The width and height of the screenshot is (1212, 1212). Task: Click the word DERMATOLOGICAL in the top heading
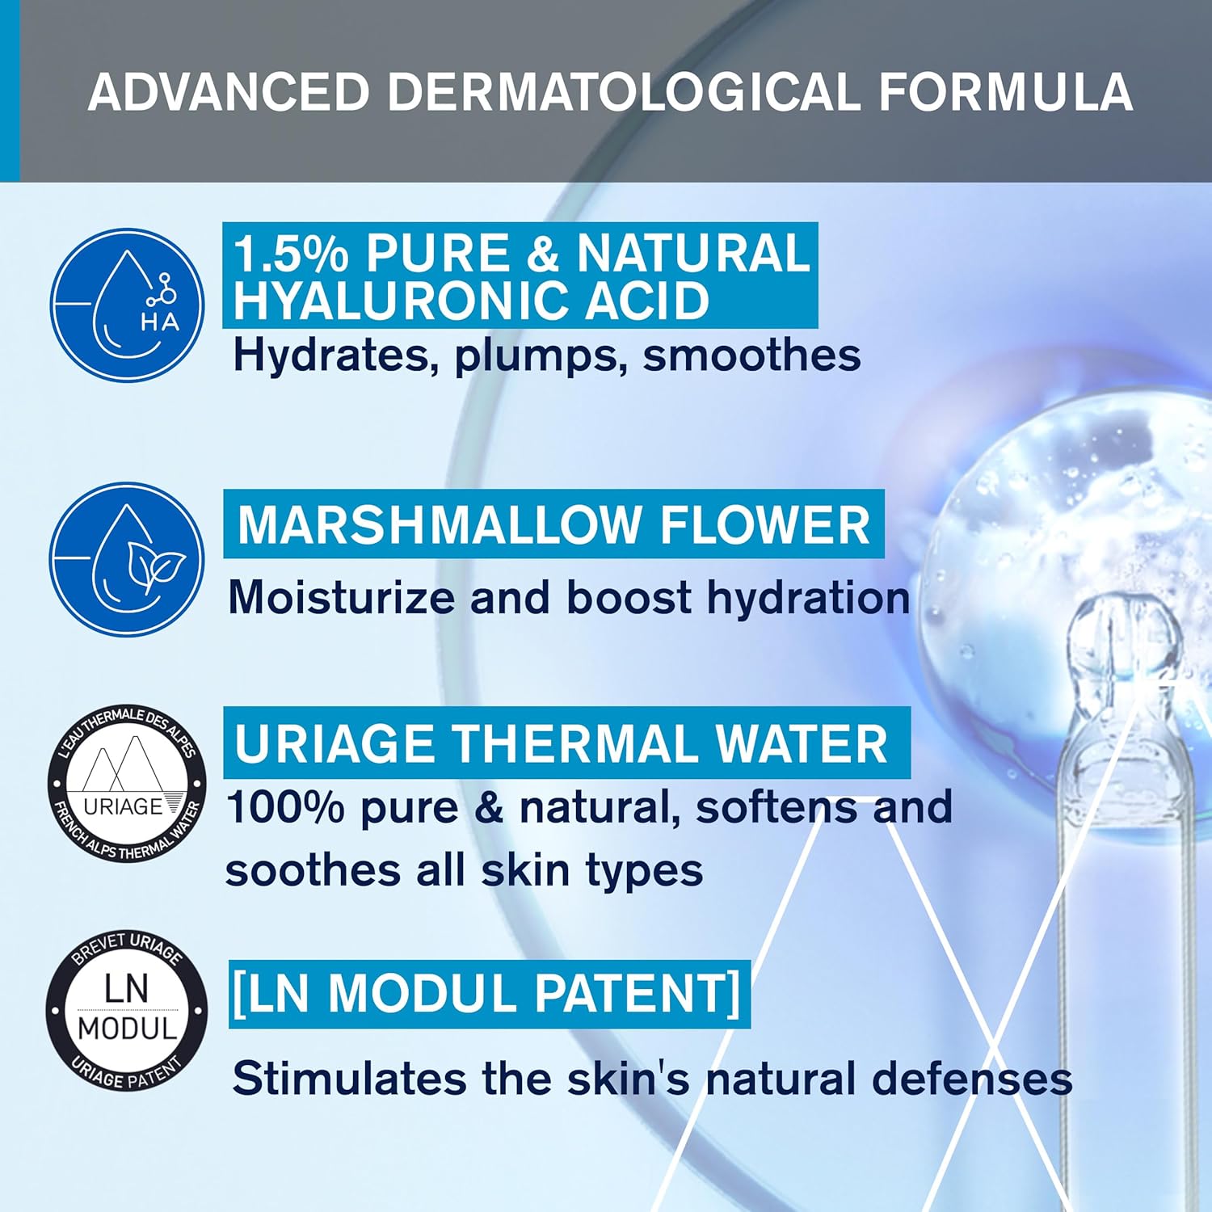coord(624,91)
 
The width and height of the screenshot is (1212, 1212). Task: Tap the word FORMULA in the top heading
coord(1006,91)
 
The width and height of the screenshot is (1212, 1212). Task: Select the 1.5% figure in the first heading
coord(291,253)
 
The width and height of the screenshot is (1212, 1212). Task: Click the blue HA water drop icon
coord(127,305)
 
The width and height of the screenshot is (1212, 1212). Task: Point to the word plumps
coord(541,356)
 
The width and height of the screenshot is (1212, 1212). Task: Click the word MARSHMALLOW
coord(440,525)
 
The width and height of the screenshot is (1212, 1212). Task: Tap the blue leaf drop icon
coord(127,559)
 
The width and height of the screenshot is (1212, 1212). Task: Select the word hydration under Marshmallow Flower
coord(808,598)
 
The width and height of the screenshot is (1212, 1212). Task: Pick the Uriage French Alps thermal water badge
coord(127,782)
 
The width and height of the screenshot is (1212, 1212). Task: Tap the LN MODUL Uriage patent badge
coord(127,1010)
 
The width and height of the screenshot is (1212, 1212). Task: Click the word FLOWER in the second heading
coord(764,525)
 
